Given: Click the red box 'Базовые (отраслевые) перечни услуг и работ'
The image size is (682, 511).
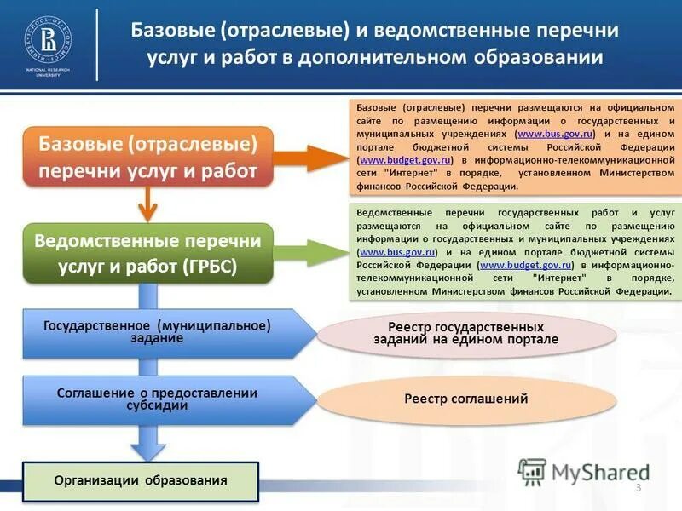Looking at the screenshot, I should (147, 156).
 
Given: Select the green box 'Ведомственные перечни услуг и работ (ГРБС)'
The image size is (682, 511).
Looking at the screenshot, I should (147, 253).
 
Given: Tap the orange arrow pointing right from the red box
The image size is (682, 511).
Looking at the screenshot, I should (307, 157).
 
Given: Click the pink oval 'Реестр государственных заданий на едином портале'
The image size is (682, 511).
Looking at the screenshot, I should (465, 333).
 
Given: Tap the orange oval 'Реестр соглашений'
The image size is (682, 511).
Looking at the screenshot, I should (465, 399).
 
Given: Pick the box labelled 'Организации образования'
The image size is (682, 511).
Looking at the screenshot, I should (141, 480).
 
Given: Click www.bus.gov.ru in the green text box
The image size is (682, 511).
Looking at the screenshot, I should (398, 253).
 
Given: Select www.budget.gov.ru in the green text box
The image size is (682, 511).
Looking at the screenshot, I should (525, 266).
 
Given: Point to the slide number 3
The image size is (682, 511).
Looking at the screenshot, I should (638, 487).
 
